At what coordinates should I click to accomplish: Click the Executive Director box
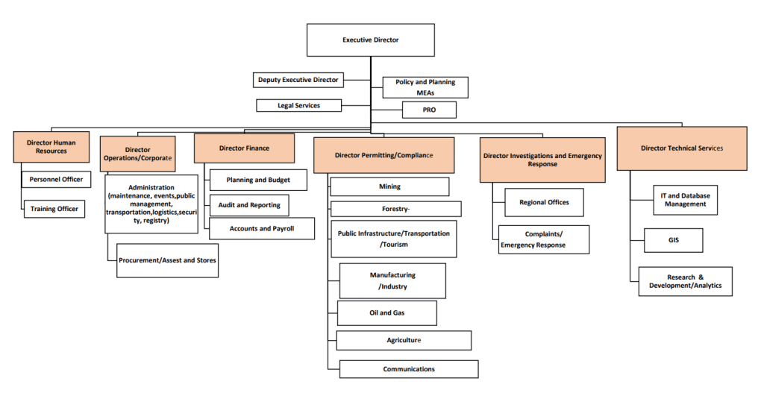point(370,40)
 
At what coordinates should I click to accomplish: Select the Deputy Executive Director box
point(298,80)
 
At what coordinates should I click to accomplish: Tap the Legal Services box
point(298,106)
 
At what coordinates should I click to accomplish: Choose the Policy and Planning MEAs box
point(425,87)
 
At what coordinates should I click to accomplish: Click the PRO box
point(429,110)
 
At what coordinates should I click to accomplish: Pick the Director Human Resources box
point(51,146)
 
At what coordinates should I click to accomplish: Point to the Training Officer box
point(54,210)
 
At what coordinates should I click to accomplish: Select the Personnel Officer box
point(56,180)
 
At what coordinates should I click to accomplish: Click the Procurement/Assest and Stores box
point(168,260)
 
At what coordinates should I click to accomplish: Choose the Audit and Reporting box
point(248,205)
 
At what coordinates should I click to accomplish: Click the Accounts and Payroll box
point(261,229)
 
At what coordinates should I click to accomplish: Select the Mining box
point(389,186)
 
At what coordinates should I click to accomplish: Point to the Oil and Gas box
point(386,313)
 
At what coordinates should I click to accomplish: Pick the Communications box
point(409,369)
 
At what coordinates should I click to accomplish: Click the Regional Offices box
point(544,202)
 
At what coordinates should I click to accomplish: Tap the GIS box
point(673,240)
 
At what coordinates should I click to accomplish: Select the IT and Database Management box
point(685,200)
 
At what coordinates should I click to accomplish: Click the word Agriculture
point(404,340)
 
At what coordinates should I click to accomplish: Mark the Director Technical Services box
point(681,148)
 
